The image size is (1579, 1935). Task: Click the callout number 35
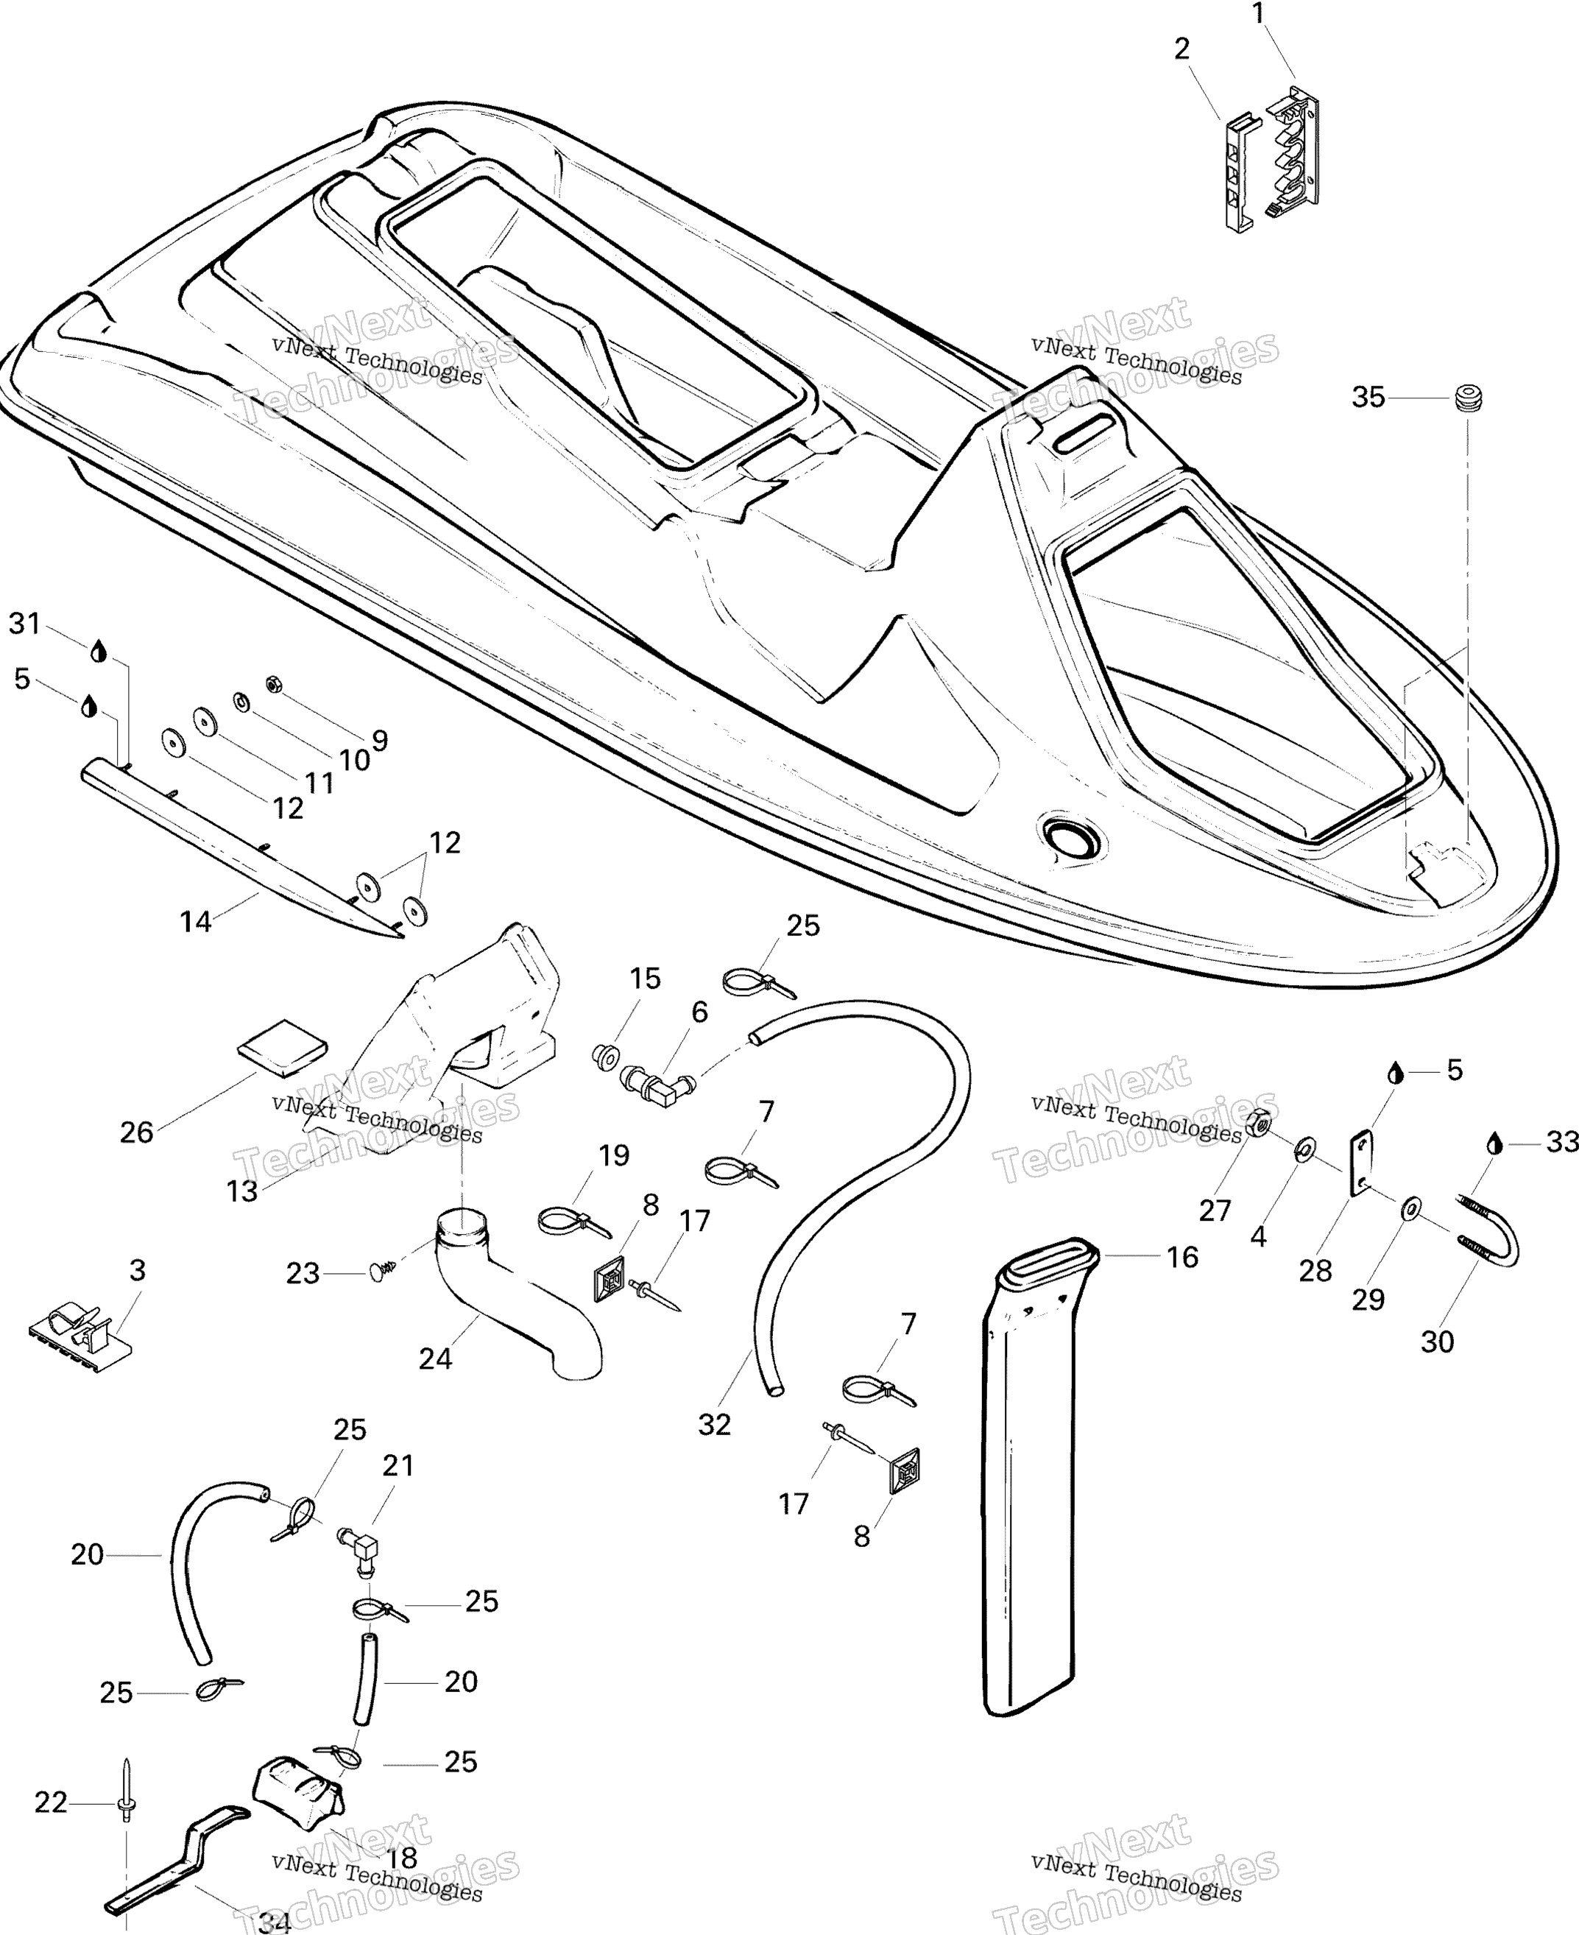(1367, 398)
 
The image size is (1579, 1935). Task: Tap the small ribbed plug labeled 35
(1466, 398)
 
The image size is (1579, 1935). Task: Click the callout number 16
(1181, 1258)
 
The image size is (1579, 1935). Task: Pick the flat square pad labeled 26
(282, 1046)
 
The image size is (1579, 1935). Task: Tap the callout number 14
(196, 922)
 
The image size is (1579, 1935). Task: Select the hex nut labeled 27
(1259, 1124)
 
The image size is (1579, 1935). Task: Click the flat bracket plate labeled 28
(1360, 1163)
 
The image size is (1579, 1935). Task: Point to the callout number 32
(714, 1425)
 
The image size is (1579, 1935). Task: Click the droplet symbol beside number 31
(98, 652)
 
